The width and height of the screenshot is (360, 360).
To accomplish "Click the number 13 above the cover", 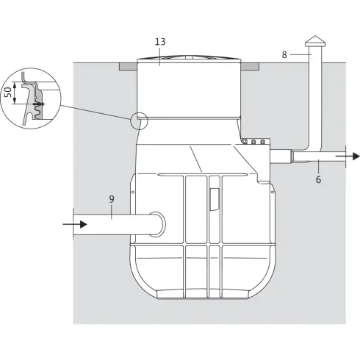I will click(x=160, y=42).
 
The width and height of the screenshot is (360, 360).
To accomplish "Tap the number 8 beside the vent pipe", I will click(x=285, y=54).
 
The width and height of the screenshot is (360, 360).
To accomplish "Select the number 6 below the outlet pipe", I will click(x=318, y=179).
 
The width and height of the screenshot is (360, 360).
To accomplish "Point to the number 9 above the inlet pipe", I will click(x=112, y=198).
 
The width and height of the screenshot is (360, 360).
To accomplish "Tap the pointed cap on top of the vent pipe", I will click(x=315, y=40).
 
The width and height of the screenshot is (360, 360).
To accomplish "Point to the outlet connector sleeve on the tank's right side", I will click(x=281, y=156).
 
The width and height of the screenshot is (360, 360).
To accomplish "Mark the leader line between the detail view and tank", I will click(x=96, y=112).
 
